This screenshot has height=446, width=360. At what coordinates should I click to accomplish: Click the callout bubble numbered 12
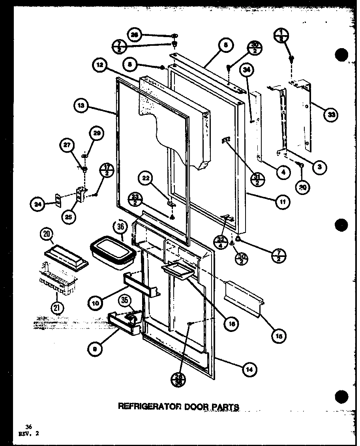(x=99, y=66)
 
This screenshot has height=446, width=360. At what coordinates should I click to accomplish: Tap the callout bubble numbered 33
(x=330, y=115)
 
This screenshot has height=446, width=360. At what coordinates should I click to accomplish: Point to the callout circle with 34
(x=247, y=71)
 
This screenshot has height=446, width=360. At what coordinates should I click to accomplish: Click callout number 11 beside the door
(x=283, y=202)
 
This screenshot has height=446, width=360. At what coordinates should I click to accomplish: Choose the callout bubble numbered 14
(x=249, y=370)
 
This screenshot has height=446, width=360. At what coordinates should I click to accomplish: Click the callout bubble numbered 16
(x=231, y=323)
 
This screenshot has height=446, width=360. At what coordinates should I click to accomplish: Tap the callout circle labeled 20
(x=47, y=234)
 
